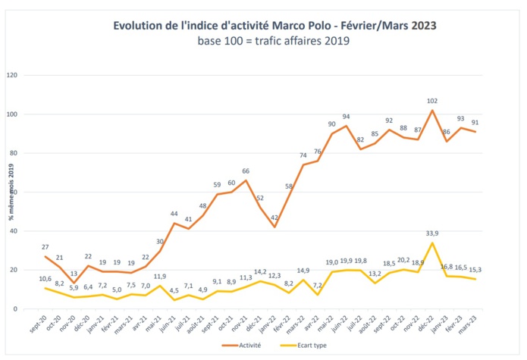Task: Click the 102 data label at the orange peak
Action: pyautogui.click(x=432, y=101)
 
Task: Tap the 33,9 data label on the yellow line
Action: pyautogui.click(x=432, y=233)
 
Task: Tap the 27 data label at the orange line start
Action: pyautogui.click(x=45, y=246)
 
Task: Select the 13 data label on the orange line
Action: pyautogui.click(x=74, y=274)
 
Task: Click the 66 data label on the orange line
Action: pyautogui.click(x=246, y=171)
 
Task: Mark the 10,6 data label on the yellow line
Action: pyautogui.click(x=45, y=279)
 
